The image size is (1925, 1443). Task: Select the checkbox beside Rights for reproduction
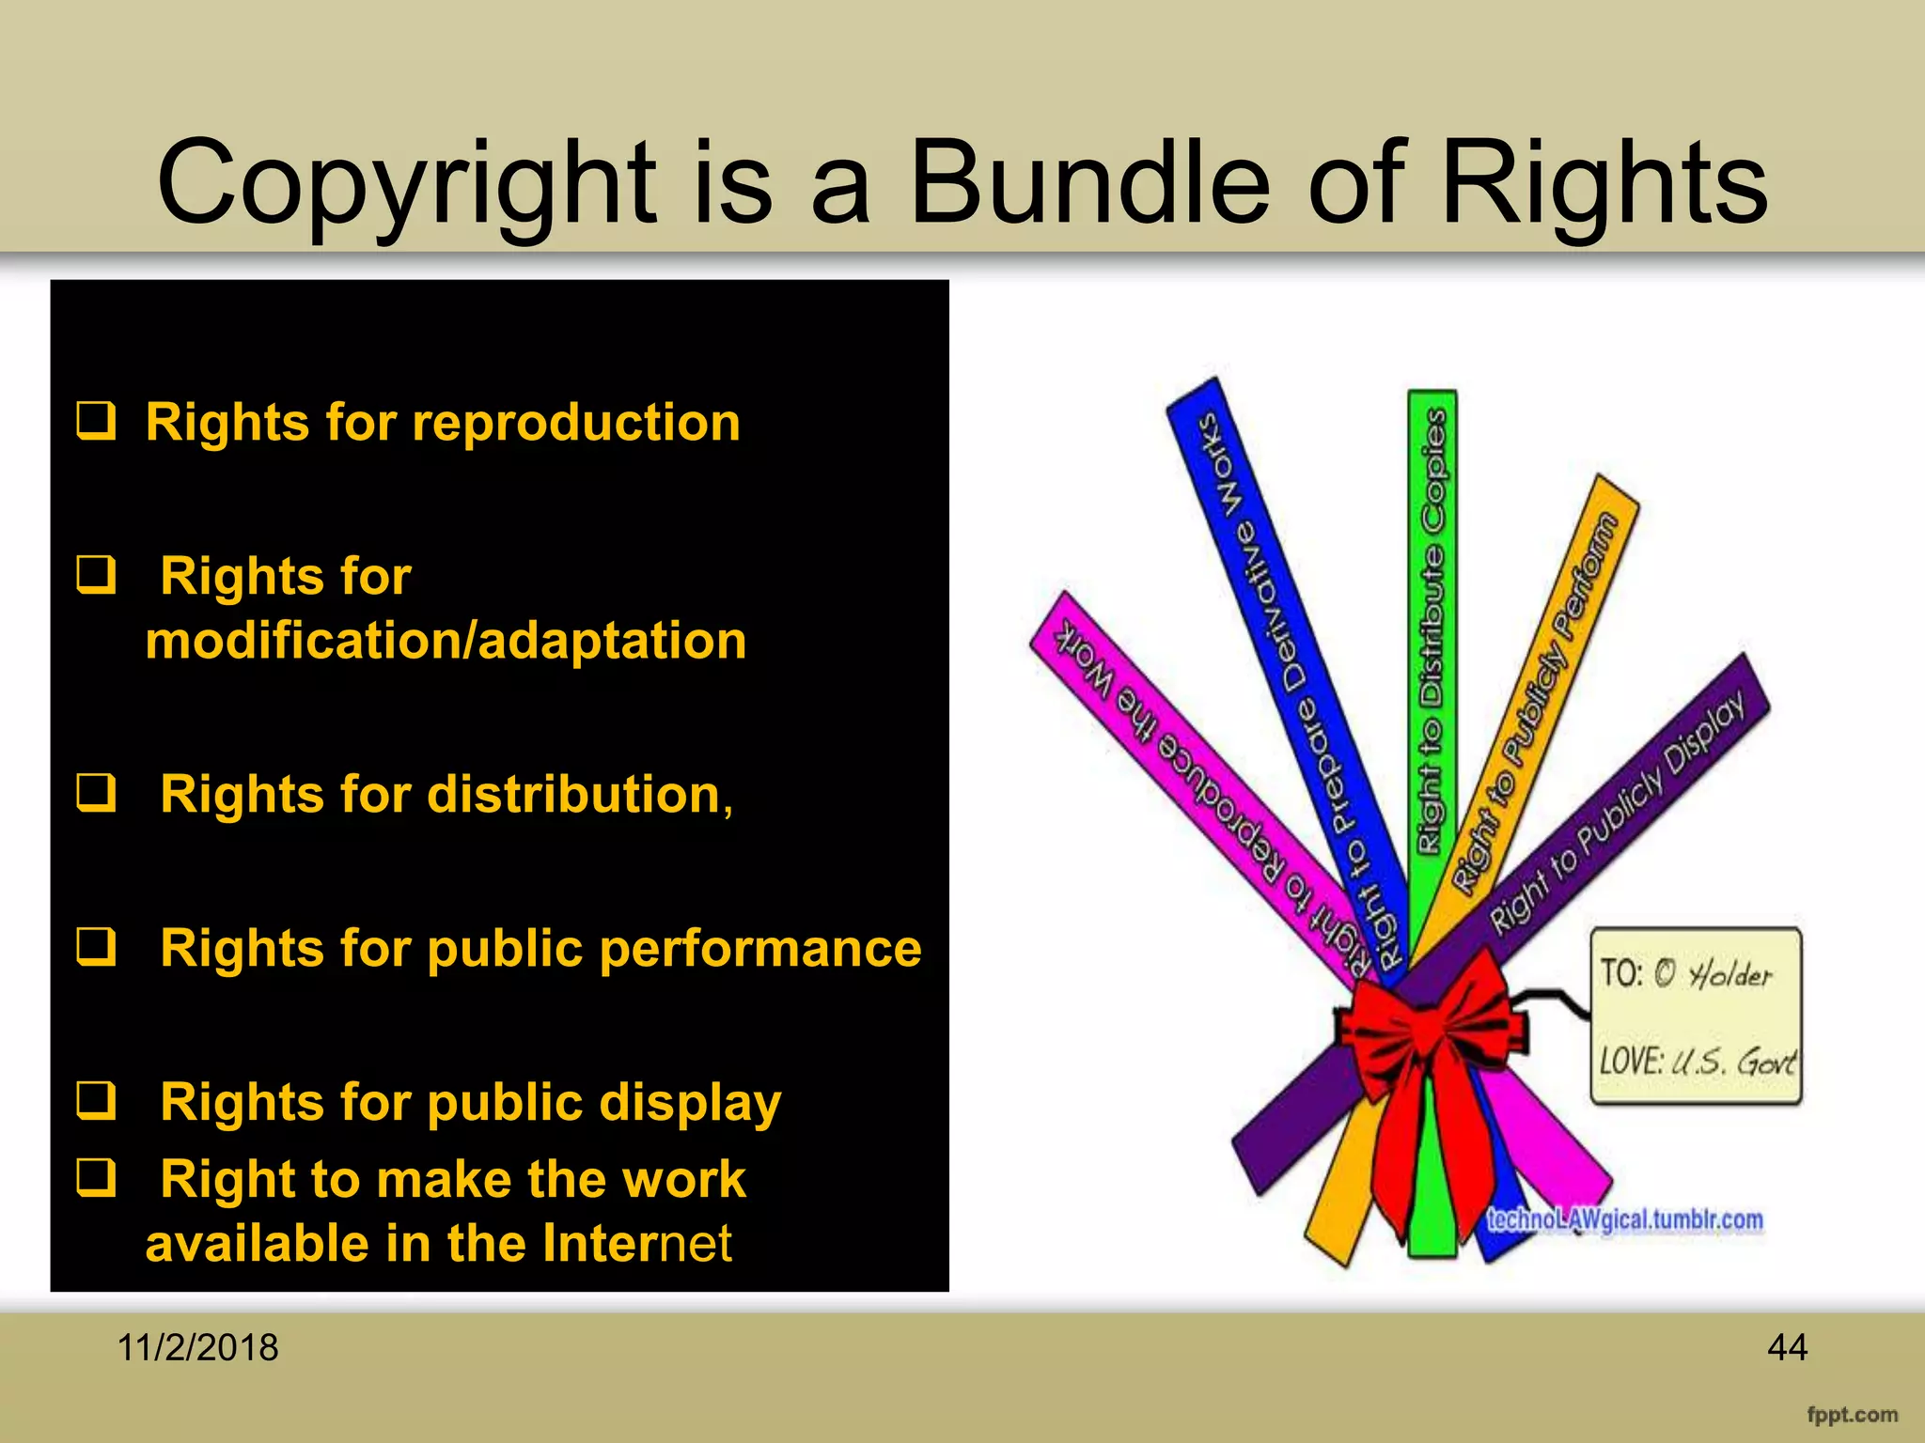tap(96, 421)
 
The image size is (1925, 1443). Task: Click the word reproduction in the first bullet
tap(575, 423)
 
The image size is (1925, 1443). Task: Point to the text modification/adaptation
tap(446, 641)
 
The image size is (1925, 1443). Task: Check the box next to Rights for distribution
tap(96, 793)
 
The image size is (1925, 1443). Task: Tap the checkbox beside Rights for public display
tap(96, 1101)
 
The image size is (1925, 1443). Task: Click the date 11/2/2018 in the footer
tap(197, 1347)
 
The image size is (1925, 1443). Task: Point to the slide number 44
tap(1787, 1347)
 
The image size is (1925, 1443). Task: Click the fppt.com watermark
tap(1852, 1414)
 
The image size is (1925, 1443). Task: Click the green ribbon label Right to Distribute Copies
tap(1432, 629)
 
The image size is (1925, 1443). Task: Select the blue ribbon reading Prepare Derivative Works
tap(1288, 676)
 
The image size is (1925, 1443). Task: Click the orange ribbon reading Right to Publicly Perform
tap(1542, 695)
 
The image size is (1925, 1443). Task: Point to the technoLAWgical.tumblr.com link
tap(1624, 1219)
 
